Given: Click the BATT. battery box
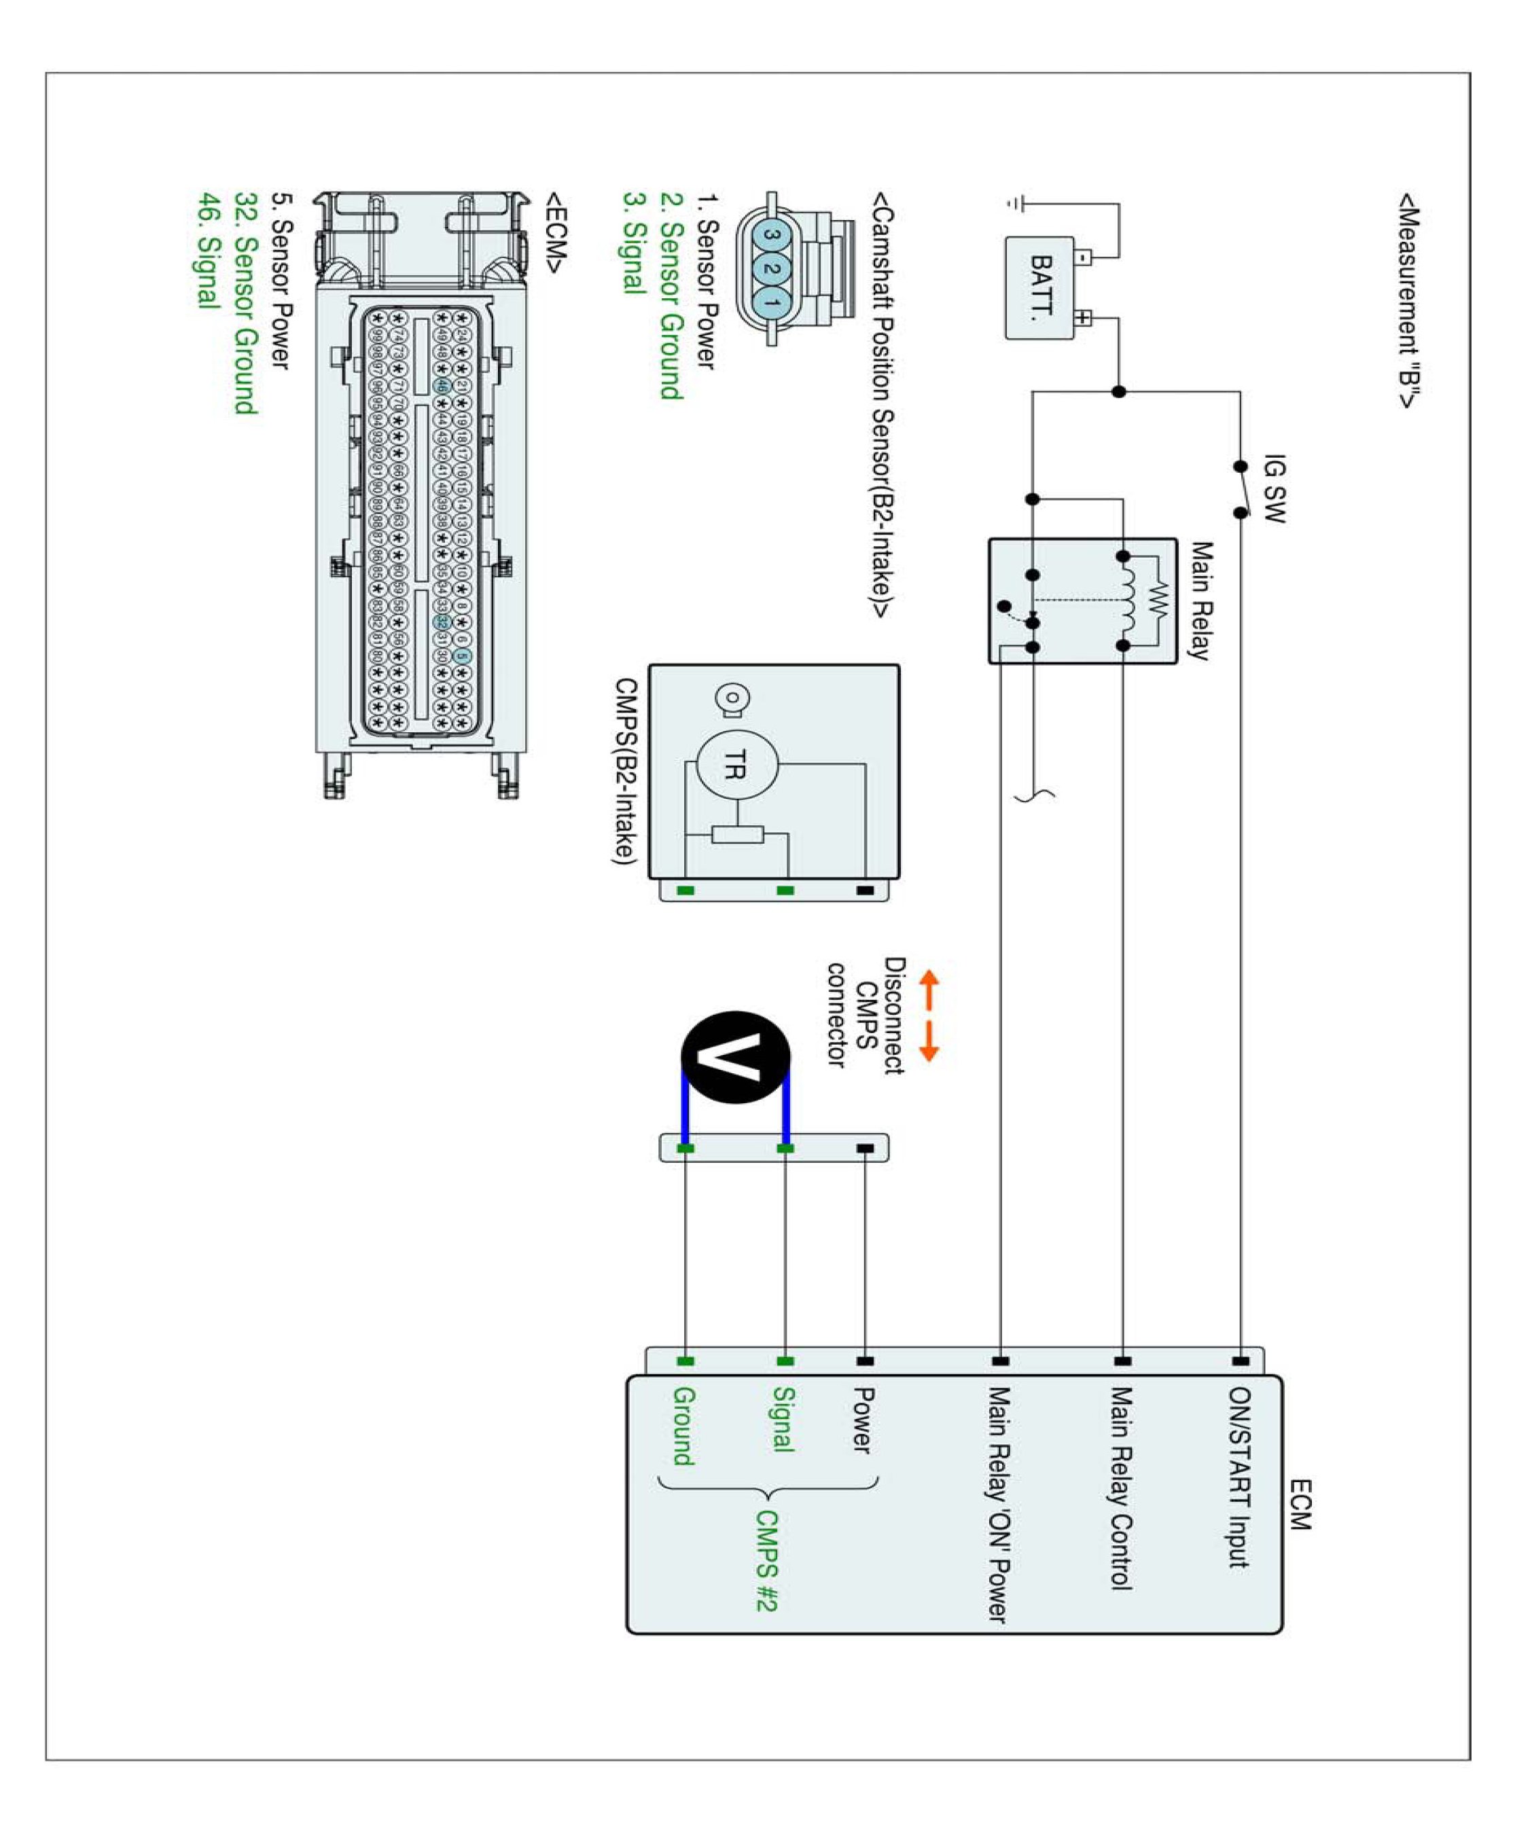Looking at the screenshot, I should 1039,287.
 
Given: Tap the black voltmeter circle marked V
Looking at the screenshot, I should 736,1057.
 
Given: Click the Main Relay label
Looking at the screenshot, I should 1202,601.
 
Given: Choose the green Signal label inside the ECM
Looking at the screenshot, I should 784,1420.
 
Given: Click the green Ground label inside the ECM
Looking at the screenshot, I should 683,1426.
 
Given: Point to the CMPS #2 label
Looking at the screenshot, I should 766,1560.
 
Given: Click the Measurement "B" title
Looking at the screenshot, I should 1408,301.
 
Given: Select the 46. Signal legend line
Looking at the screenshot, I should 208,251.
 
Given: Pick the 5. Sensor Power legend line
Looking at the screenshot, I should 280,281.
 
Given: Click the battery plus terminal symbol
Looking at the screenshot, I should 1082,318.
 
